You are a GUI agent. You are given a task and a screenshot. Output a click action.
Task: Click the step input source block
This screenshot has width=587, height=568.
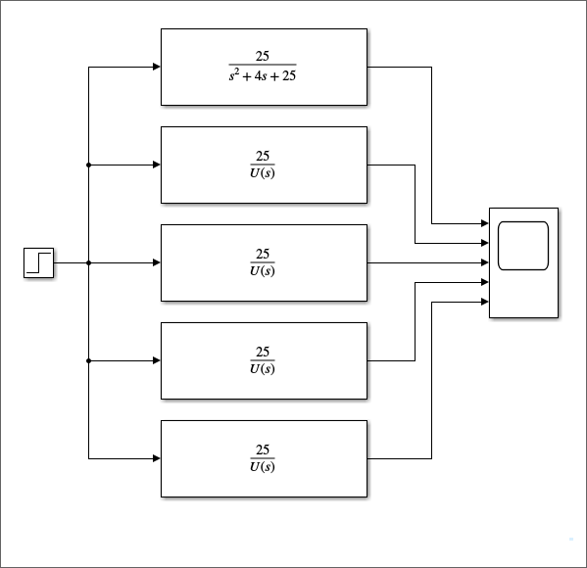coord(38,262)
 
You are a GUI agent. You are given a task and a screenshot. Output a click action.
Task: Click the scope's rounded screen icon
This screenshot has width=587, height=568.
coord(523,246)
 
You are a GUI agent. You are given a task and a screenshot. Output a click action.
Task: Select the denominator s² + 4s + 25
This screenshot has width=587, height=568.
coord(263,75)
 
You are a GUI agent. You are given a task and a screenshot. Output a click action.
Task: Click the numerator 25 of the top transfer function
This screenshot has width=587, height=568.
coord(262,56)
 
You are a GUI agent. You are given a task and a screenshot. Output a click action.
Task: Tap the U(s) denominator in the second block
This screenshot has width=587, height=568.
coord(263,173)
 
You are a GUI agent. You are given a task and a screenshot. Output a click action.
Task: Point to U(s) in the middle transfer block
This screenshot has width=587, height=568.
coord(263,270)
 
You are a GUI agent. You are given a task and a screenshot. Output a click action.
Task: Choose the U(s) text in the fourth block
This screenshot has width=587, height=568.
coord(263,368)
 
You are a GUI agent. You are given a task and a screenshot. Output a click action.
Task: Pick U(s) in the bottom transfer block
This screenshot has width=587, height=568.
coord(263,466)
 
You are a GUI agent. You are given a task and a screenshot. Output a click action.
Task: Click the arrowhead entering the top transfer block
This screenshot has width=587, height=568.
coord(157,67)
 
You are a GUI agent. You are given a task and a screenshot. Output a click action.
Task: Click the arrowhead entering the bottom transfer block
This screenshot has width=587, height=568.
coord(157,458)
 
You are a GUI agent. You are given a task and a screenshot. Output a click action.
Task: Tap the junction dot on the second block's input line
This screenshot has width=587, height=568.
coord(89,165)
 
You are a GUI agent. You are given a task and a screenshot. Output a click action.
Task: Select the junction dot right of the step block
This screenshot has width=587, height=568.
coord(89,263)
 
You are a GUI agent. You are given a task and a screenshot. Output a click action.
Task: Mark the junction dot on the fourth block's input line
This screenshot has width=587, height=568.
coord(89,360)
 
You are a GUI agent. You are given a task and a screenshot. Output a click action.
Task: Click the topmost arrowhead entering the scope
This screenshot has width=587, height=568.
coord(485,223)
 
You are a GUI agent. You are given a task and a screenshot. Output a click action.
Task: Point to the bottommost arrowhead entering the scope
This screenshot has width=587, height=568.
coord(485,302)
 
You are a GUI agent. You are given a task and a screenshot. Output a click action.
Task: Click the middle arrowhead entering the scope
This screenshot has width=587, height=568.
coord(485,262)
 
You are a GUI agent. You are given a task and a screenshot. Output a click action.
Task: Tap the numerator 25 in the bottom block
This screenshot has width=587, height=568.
coord(263,450)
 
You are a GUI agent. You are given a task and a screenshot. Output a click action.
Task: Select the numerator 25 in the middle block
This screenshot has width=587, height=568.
coord(263,254)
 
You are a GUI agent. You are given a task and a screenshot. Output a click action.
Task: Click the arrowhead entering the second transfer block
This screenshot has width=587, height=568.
coord(157,165)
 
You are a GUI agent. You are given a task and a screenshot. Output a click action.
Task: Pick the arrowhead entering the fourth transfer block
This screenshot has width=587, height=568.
coord(157,360)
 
